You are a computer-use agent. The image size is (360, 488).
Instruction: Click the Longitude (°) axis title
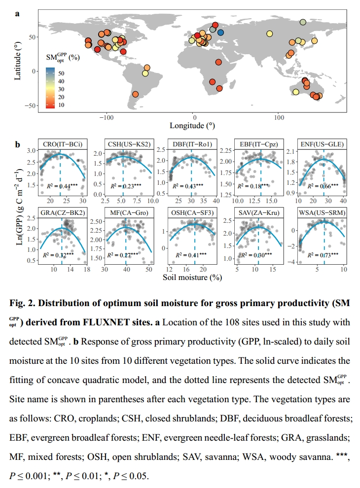[x=192, y=126]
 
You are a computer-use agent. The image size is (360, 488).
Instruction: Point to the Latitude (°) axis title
[x=18, y=60]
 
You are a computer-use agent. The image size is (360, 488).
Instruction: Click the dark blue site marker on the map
[x=221, y=33]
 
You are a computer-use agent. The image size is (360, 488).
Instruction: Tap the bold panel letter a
[x=17, y=13]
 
